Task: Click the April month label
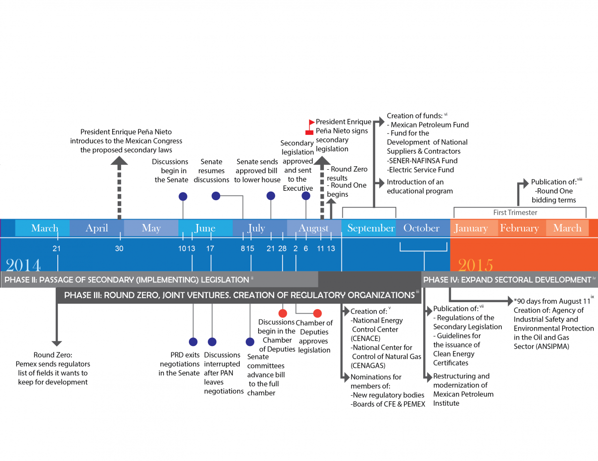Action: (97, 228)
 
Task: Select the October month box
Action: (422, 228)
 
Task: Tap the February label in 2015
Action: (519, 228)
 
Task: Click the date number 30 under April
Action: (119, 248)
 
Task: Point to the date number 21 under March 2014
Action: (57, 248)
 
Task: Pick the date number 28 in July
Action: (283, 248)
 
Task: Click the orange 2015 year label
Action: (475, 264)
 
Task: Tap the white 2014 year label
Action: (23, 264)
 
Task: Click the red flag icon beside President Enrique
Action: (311, 122)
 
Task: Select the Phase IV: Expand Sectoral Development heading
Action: (507, 280)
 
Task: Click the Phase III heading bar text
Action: (239, 295)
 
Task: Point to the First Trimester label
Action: (515, 212)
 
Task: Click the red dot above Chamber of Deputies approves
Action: (317, 313)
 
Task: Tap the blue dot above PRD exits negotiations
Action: (193, 342)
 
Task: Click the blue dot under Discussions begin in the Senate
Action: (183, 196)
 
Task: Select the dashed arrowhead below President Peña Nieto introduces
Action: (119, 161)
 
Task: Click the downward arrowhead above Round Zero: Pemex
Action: (57, 343)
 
